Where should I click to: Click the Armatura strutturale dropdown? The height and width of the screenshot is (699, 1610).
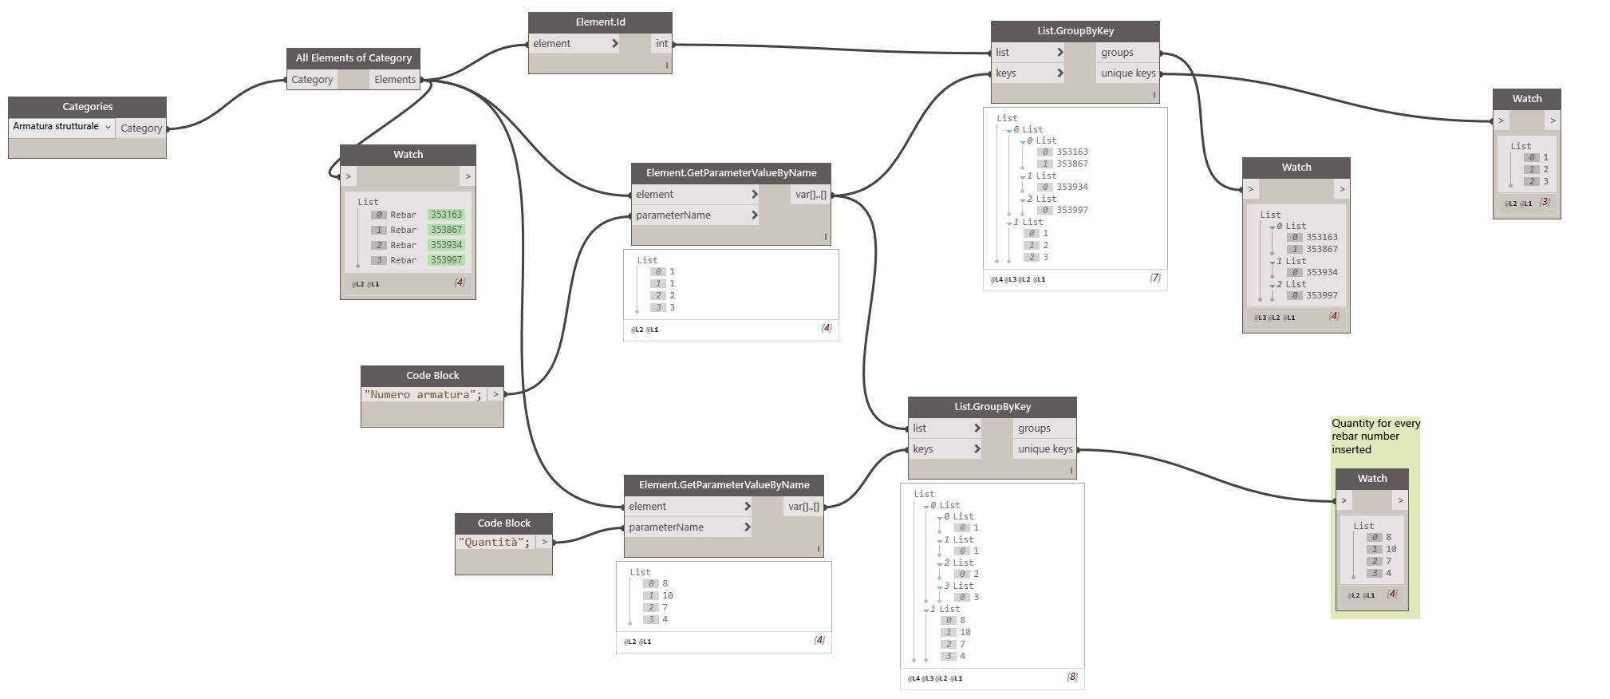pyautogui.click(x=61, y=127)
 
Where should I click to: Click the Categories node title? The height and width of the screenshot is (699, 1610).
pyautogui.click(x=87, y=107)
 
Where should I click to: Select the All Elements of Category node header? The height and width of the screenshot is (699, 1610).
pyautogui.click(x=353, y=58)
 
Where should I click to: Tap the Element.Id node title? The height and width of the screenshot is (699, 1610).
pyautogui.click(x=600, y=22)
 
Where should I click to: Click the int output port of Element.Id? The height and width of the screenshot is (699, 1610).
pyautogui.click(x=661, y=44)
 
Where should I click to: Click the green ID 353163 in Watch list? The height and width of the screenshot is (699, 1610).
pyautogui.click(x=446, y=215)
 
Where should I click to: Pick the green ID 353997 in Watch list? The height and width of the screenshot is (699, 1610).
pyautogui.click(x=446, y=260)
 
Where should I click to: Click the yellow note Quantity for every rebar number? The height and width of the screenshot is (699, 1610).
pyautogui.click(x=1375, y=436)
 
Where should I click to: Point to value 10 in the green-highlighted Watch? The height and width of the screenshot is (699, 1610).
pyautogui.click(x=1391, y=549)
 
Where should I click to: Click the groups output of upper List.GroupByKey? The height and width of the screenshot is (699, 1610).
pyautogui.click(x=1117, y=53)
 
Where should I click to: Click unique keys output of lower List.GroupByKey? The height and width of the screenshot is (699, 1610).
pyautogui.click(x=1045, y=449)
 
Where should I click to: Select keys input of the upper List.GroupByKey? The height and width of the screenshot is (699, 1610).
pyautogui.click(x=1006, y=73)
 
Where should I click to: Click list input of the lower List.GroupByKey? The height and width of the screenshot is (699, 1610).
pyautogui.click(x=920, y=428)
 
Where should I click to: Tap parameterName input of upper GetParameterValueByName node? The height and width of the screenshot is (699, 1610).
pyautogui.click(x=673, y=215)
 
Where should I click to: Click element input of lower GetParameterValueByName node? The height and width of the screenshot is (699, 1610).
pyautogui.click(x=647, y=507)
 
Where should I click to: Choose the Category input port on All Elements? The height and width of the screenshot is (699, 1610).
pyautogui.click(x=312, y=80)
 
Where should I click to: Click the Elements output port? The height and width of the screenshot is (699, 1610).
pyautogui.click(x=395, y=80)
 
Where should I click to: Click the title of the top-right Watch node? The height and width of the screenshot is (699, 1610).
pyautogui.click(x=1526, y=99)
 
